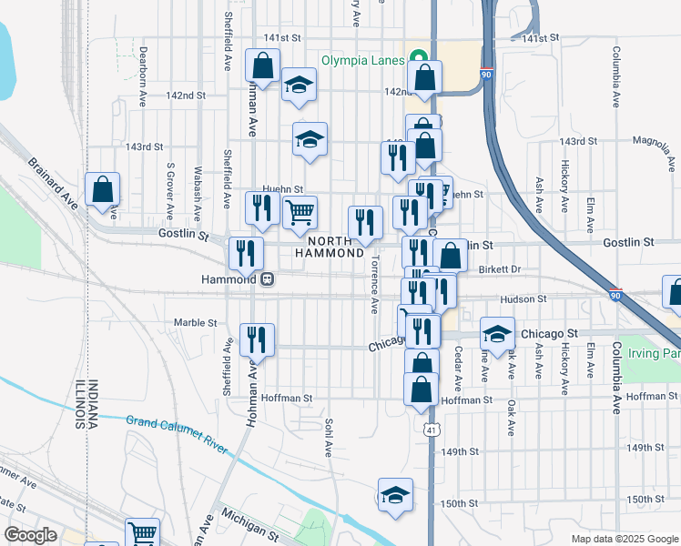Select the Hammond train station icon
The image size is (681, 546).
(268, 279)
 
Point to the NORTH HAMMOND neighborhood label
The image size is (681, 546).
(330, 246)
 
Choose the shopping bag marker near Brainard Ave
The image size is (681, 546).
(103, 190)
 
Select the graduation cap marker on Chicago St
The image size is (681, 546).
(497, 335)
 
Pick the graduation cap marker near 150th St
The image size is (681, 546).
(395, 496)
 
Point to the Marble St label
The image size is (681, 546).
(196, 322)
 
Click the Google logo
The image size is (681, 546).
(31, 535)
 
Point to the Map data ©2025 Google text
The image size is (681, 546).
(624, 538)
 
